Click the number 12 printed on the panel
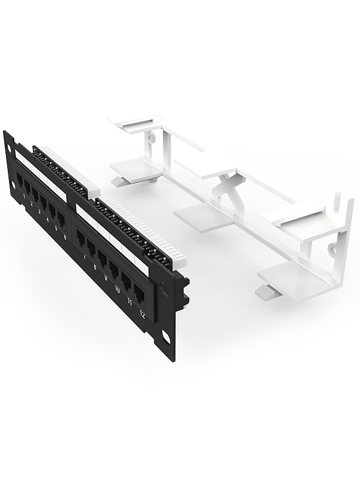tap(142, 314)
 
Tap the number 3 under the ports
tap(40, 210)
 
